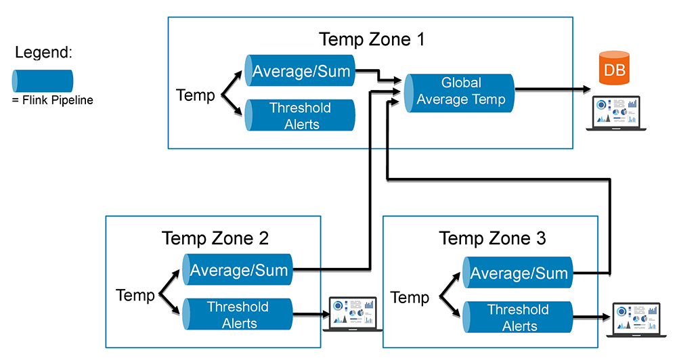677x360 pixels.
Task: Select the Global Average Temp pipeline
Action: coord(460,91)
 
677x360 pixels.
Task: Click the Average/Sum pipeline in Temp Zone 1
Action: coord(301,71)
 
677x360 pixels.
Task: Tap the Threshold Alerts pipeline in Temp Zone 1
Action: coord(301,115)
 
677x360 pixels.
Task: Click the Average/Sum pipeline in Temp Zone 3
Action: coord(518,273)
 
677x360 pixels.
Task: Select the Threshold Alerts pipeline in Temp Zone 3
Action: coord(518,317)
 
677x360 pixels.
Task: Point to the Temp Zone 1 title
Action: coord(372,39)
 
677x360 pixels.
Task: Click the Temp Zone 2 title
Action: coord(215,238)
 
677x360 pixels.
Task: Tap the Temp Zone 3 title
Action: coord(492,238)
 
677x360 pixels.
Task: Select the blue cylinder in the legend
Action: coord(43,81)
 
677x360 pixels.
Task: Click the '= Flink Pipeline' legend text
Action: coord(52,100)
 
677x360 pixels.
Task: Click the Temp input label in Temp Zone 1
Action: coord(195,95)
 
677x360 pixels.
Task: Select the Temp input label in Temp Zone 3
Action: coord(410,297)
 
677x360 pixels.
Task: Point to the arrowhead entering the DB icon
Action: coord(584,89)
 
